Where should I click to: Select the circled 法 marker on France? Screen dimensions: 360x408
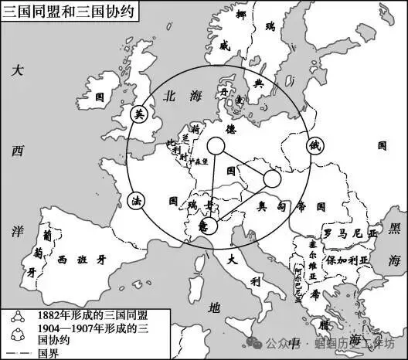coord(136,201)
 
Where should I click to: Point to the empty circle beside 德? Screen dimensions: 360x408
coord(216,145)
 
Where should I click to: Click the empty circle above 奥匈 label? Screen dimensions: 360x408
coord(272,179)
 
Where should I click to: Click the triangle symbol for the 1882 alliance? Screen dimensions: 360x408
coord(15,315)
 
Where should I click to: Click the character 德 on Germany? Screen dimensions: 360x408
coord(229,131)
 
